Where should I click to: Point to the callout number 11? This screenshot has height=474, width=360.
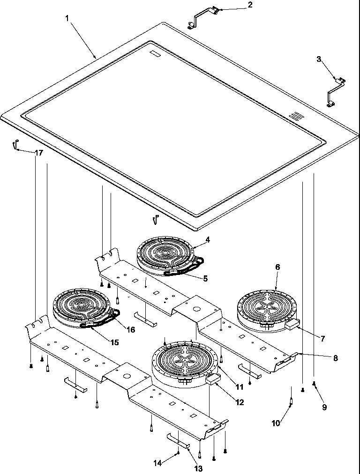[x=240, y=387]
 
